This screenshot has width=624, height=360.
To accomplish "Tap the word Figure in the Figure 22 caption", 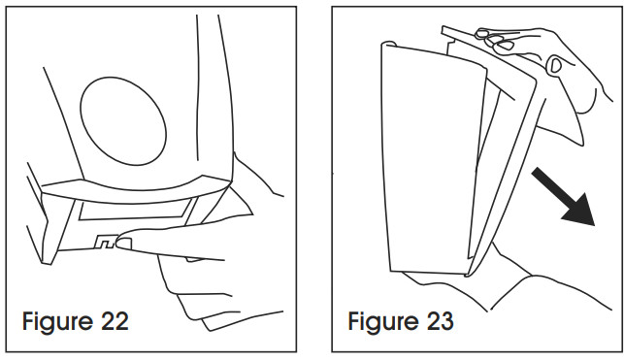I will point(57,319).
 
